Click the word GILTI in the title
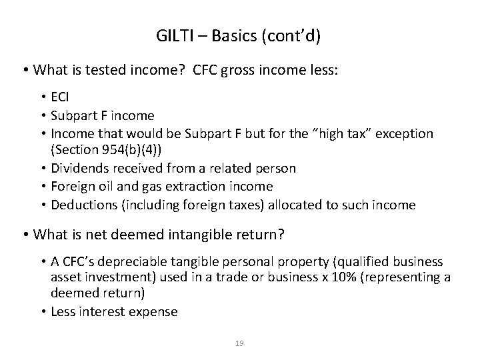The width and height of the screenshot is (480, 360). point(175,35)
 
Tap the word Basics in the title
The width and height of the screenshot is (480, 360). point(235,35)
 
